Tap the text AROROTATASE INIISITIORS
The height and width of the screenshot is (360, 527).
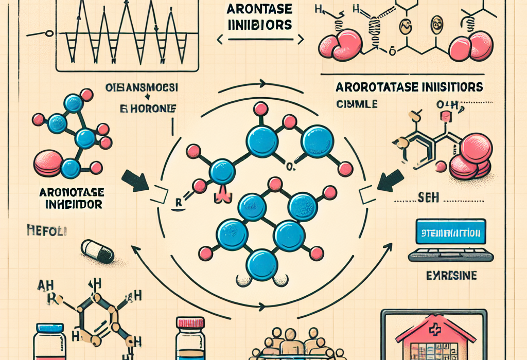(410, 86)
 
